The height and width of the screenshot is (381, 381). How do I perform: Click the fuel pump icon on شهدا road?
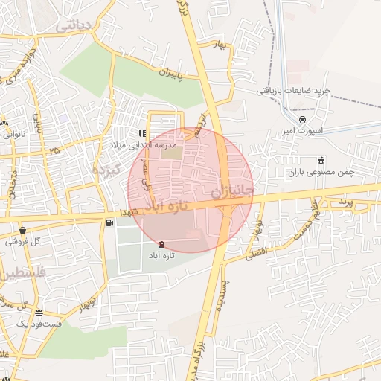110,222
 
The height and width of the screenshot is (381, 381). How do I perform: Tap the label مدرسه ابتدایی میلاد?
142,145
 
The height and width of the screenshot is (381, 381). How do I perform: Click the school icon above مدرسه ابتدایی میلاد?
141,134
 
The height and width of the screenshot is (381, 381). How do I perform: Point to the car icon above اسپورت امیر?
302,119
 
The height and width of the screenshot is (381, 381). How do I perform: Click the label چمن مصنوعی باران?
321,173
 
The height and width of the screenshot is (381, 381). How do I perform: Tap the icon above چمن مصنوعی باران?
321,160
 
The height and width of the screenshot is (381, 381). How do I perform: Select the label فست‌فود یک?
37,324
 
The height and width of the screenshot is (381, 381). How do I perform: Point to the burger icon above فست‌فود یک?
39,313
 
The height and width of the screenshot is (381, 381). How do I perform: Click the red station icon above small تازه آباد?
163,244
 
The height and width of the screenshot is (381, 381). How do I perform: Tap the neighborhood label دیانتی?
74,25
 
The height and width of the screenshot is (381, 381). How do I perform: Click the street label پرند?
342,202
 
